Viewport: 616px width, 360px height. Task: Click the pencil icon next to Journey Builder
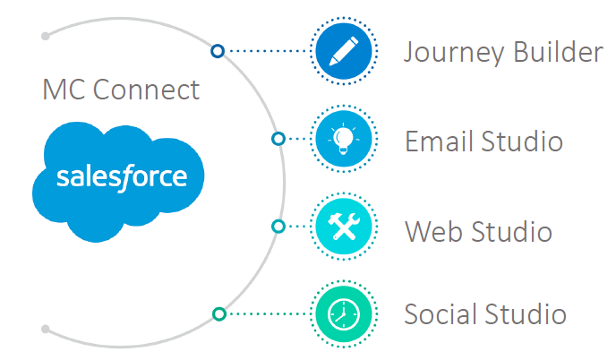click(344, 51)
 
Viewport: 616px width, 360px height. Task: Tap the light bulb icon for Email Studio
click(344, 139)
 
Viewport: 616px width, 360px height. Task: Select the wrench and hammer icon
click(344, 227)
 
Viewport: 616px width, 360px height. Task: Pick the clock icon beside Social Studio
click(344, 314)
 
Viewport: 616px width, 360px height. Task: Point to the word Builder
click(559, 51)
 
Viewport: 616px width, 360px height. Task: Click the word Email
click(439, 141)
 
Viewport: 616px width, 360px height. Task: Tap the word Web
click(433, 231)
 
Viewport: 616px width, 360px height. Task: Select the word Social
click(440, 313)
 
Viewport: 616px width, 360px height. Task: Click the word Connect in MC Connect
click(146, 90)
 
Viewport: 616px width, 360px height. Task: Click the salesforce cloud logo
click(118, 182)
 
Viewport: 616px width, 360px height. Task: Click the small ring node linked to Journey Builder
click(218, 51)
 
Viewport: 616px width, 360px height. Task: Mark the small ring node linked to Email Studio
click(278, 139)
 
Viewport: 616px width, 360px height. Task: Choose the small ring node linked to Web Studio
click(278, 227)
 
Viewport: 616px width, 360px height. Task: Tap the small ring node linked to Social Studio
click(219, 314)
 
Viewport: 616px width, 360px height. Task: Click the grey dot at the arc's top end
click(46, 36)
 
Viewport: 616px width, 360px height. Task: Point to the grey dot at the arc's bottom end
click(46, 329)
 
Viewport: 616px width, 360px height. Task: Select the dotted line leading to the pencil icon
click(267, 51)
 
